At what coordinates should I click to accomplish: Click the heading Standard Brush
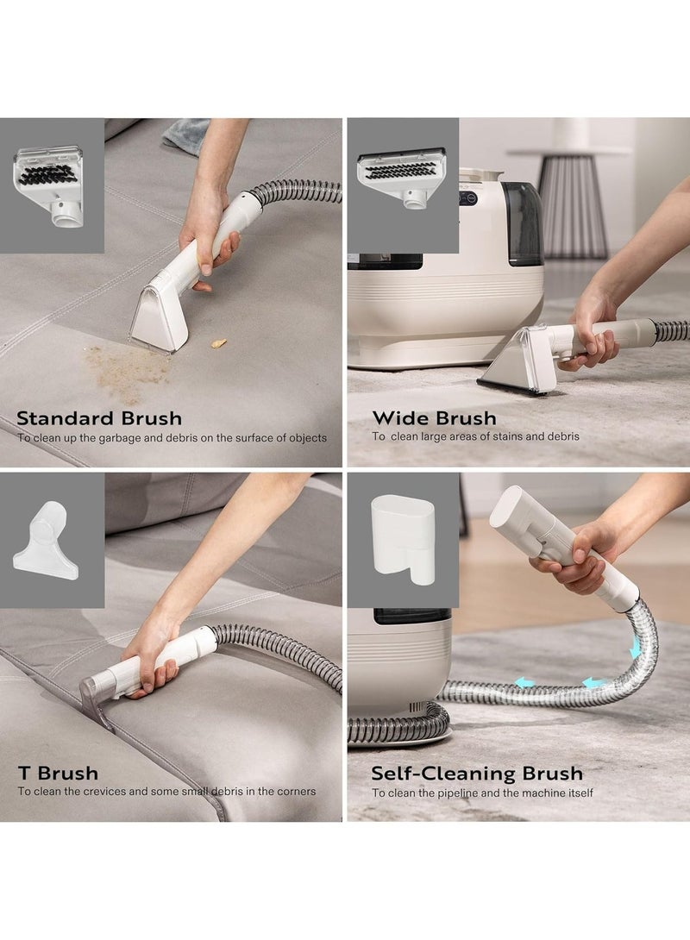[99, 419]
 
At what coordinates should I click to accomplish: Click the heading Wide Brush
[434, 419]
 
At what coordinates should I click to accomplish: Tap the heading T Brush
[58, 773]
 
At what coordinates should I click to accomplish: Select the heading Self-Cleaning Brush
[477, 773]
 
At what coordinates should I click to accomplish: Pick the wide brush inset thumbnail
[402, 179]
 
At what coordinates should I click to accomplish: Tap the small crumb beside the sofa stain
[219, 343]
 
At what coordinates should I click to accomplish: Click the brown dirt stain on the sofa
[128, 371]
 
